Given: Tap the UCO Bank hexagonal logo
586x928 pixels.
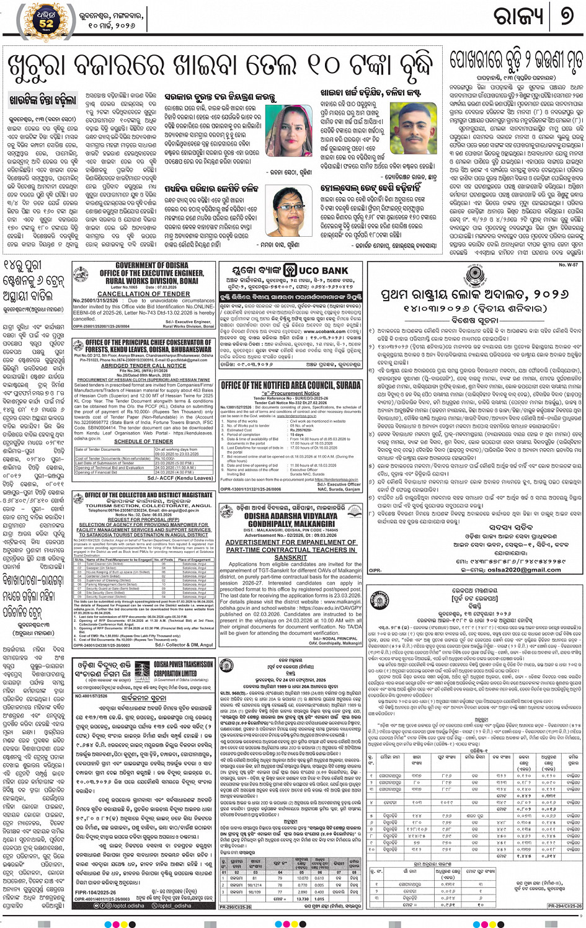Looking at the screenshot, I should click(x=290, y=271).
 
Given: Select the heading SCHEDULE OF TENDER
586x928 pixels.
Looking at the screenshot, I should click(x=143, y=441).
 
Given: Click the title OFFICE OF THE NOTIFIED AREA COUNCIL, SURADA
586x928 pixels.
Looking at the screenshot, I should click(x=290, y=385).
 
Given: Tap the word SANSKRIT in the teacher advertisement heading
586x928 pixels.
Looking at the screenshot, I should click(x=290, y=557).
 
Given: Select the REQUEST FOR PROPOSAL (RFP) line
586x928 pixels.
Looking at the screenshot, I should click(x=143, y=519).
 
